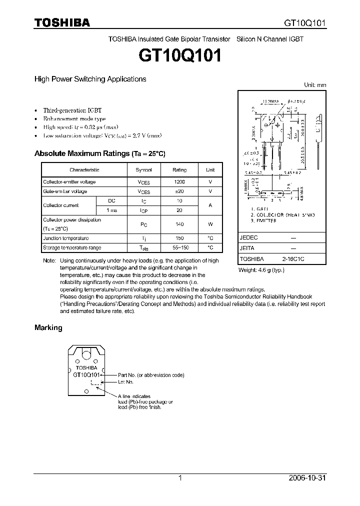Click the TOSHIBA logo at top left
pos(62,22)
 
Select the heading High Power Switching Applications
pos(90,79)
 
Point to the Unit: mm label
pos(315,85)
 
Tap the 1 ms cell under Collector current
pos(112,210)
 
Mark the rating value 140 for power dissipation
pos(179,224)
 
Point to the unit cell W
pos(210,224)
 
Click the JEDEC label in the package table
pos(248,238)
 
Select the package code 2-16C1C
pos(293,259)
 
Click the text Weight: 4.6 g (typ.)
pos(262,270)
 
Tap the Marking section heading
pos(48,327)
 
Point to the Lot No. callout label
pos(125,382)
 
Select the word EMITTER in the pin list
pos(265,220)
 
